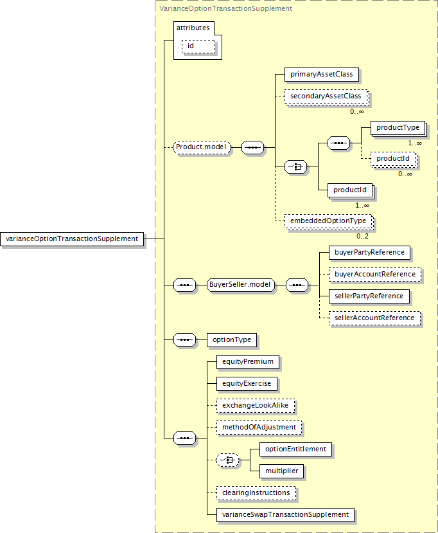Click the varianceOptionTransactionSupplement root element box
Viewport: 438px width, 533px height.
[x=72, y=239]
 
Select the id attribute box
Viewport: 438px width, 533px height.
[x=198, y=46]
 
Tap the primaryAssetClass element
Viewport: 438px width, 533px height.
[x=322, y=75]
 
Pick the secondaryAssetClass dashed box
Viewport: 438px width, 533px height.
[x=326, y=96]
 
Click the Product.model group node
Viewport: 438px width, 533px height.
[x=202, y=147]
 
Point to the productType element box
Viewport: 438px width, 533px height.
[x=398, y=128]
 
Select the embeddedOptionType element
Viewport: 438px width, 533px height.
[x=328, y=221]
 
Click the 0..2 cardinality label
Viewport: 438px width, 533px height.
[x=362, y=236]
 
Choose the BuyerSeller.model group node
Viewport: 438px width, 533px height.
[x=240, y=285]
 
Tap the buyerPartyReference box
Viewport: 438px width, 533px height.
[x=370, y=253]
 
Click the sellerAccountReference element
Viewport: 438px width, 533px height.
[x=374, y=318]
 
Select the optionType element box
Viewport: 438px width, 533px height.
[x=232, y=340]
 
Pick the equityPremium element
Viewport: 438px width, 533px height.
[x=248, y=362]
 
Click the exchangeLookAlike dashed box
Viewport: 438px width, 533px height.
[x=256, y=406]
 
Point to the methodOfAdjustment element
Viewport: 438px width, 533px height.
[x=259, y=428]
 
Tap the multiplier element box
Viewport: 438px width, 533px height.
[x=282, y=471]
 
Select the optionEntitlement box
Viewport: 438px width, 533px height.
[x=295, y=449]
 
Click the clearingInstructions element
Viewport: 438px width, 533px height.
[x=256, y=493]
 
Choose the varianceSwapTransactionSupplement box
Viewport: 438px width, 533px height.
[x=286, y=515]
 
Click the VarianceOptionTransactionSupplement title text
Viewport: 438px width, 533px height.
[x=226, y=8]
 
